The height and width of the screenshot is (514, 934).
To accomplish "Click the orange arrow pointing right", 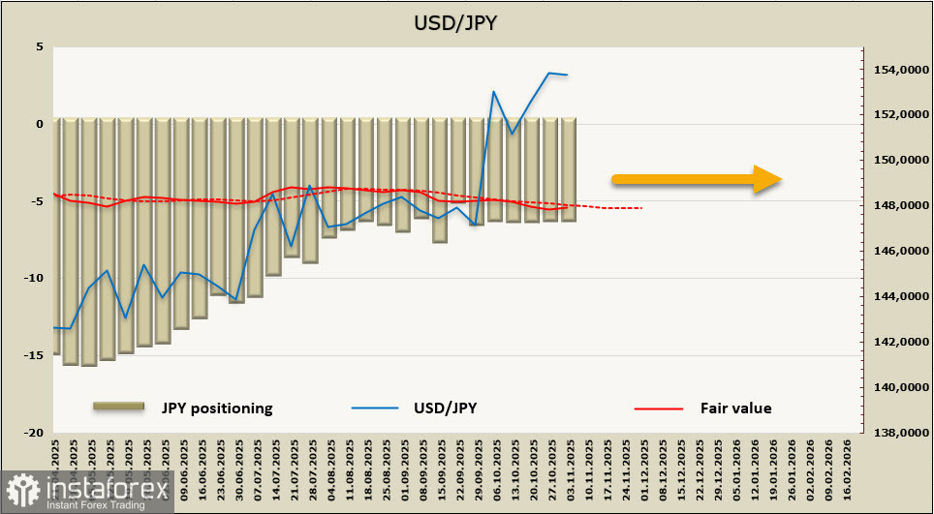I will click(x=696, y=178).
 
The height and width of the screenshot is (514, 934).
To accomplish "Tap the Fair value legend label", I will click(x=735, y=408).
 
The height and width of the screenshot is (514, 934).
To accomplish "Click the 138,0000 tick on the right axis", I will click(x=898, y=433).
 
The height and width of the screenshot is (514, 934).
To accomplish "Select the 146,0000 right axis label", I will click(x=898, y=251).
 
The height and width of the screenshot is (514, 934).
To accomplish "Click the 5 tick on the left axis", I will click(x=39, y=46).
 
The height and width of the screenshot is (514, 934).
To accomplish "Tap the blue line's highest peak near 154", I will click(x=549, y=73).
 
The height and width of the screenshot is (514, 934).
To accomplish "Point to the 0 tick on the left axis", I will click(x=39, y=124).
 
